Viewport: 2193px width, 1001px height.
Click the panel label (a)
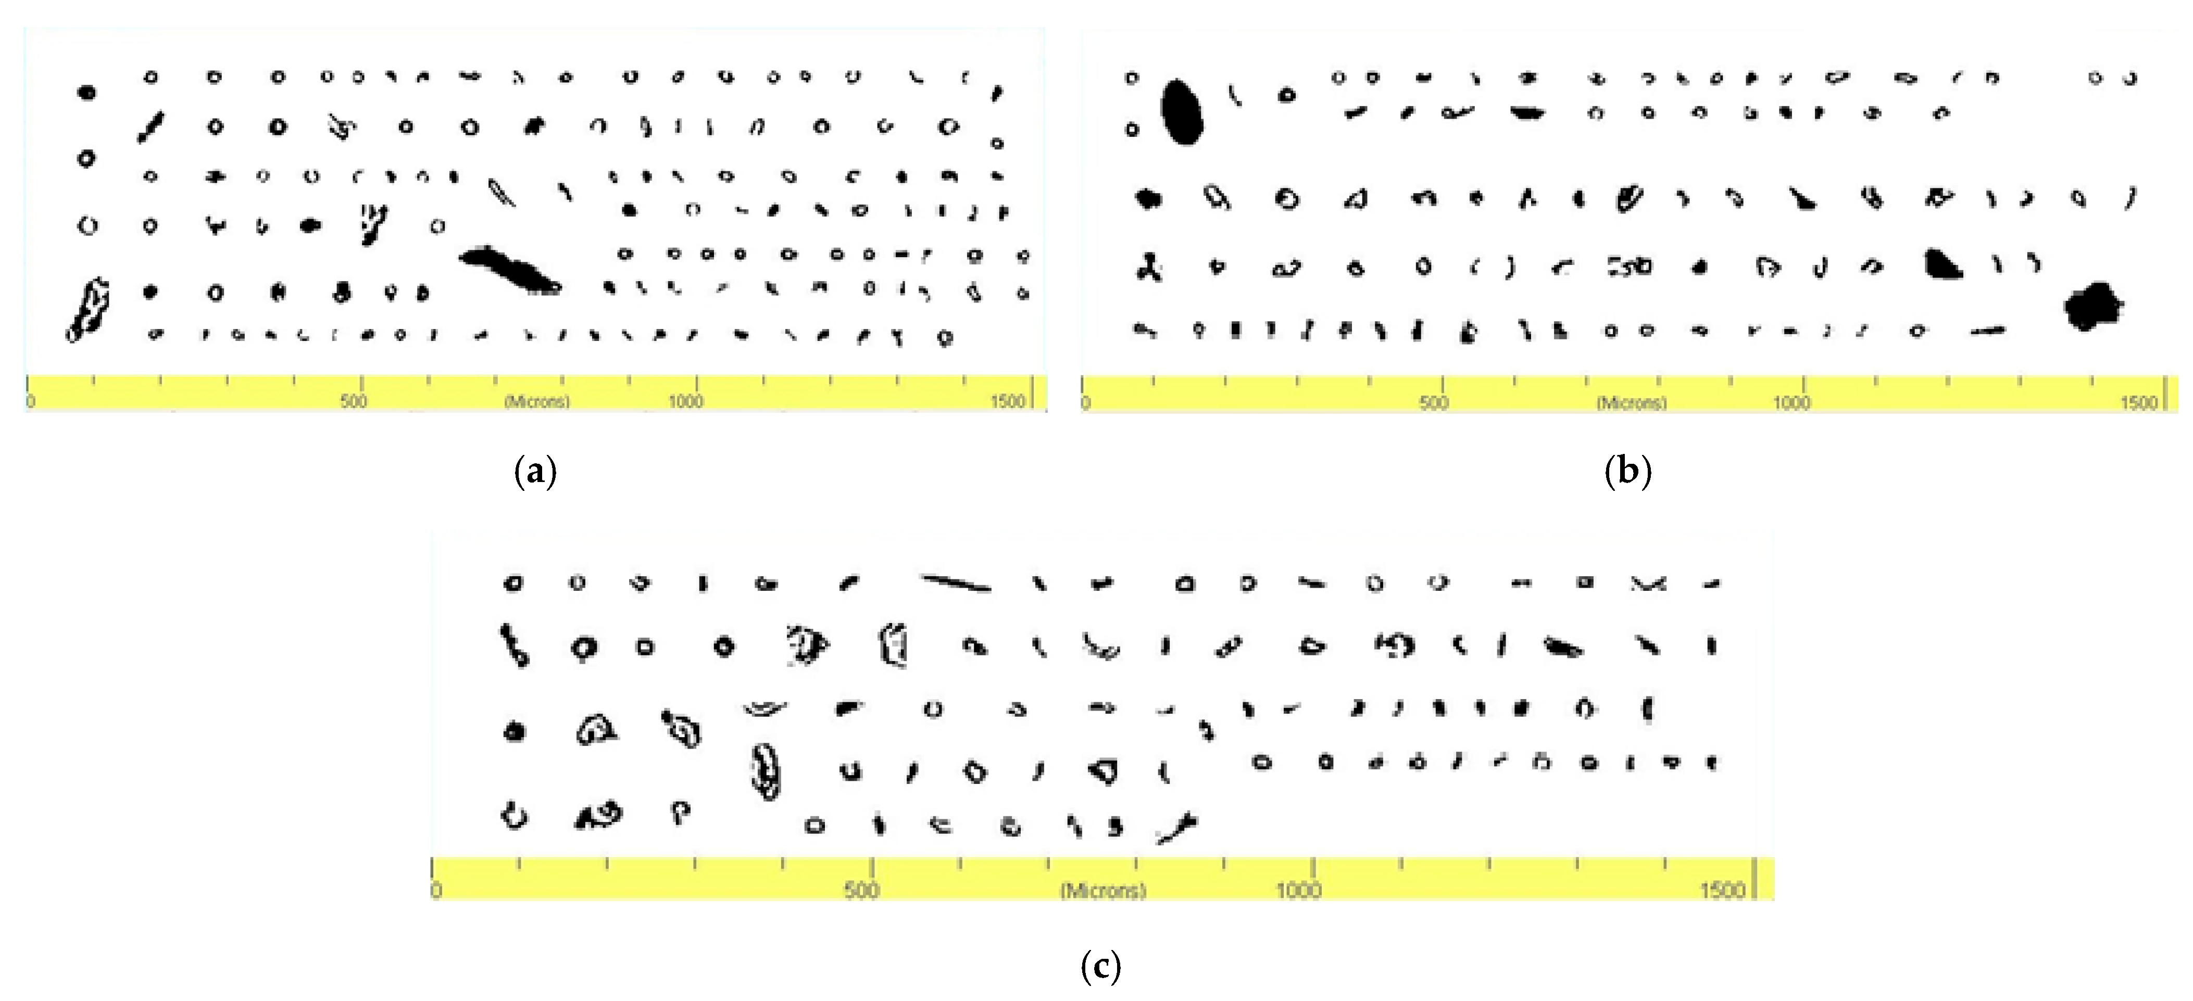tap(535, 471)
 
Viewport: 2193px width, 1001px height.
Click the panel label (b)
tap(1628, 471)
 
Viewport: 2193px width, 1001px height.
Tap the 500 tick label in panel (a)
tap(353, 401)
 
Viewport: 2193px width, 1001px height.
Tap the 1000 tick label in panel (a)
tap(685, 401)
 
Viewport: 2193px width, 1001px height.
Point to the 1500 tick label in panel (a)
tap(1007, 401)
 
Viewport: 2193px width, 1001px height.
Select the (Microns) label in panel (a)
tap(536, 401)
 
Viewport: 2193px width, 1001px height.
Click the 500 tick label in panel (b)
tap(1434, 402)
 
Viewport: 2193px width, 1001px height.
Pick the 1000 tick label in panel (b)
tap(1791, 402)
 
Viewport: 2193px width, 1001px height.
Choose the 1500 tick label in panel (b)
tap(2138, 402)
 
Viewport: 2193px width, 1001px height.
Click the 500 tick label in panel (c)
tap(861, 890)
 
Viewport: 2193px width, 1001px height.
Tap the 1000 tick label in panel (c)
tap(1297, 890)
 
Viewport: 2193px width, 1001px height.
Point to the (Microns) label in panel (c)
tap(1102, 890)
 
